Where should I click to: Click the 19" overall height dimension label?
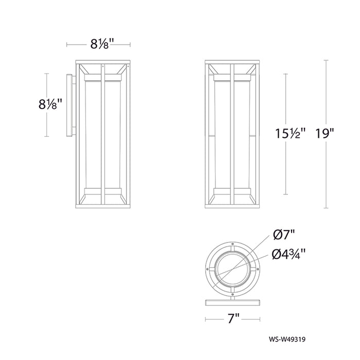[325, 133]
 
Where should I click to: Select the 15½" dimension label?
[291, 133]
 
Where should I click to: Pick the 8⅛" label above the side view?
[102, 44]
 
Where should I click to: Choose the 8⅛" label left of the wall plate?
[50, 105]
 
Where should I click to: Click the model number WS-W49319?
[287, 339]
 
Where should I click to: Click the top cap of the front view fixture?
[232, 62]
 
